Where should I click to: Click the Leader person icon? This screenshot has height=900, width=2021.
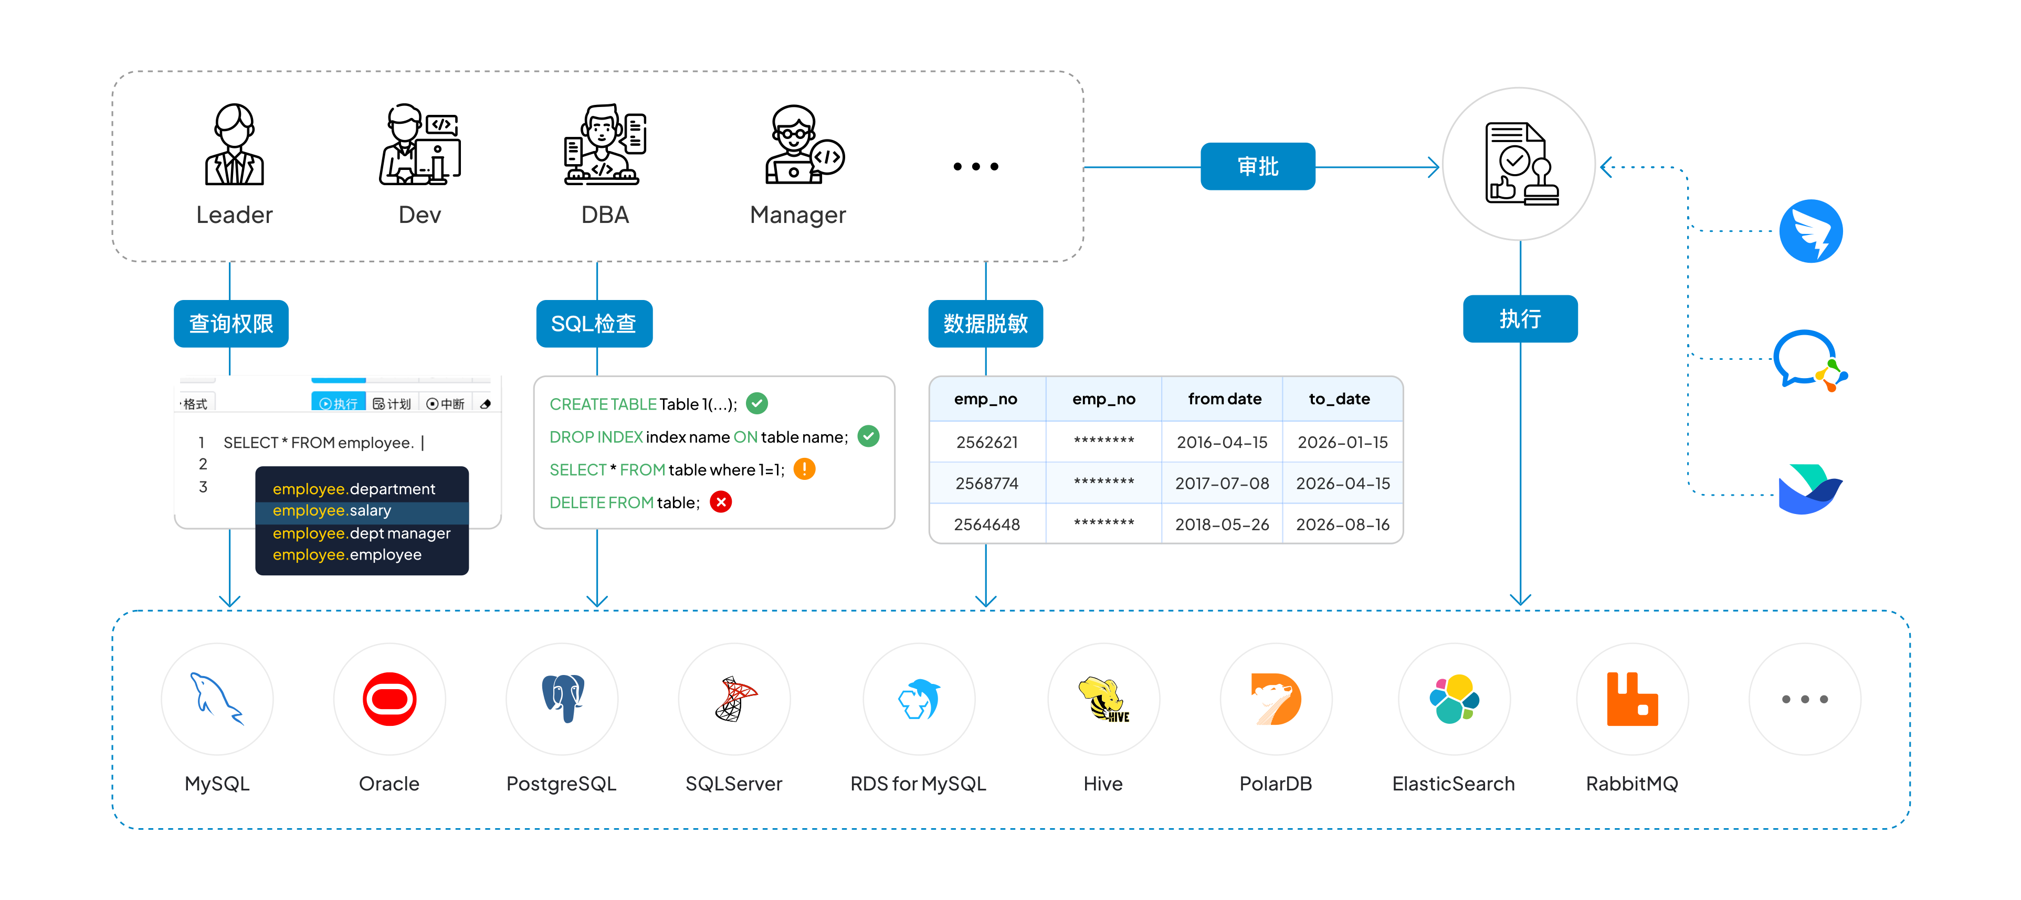pyautogui.click(x=234, y=145)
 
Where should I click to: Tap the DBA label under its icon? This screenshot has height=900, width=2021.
pyautogui.click(x=605, y=215)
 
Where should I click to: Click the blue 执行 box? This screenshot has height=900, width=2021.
pyautogui.click(x=1520, y=318)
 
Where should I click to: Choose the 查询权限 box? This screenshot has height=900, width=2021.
pyautogui.click(x=230, y=323)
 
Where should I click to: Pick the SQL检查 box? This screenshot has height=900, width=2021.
pyautogui.click(x=594, y=323)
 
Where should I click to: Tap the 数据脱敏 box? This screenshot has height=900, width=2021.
pyautogui.click(x=985, y=323)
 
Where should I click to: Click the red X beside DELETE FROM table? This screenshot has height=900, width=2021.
pyautogui.click(x=720, y=502)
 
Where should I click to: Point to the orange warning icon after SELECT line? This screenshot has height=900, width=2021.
pyautogui.click(x=804, y=469)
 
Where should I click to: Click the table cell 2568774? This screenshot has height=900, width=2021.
pyautogui.click(x=987, y=484)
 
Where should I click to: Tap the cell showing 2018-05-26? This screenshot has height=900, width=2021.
pyautogui.click(x=1222, y=524)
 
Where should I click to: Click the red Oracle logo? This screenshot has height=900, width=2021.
pyautogui.click(x=389, y=699)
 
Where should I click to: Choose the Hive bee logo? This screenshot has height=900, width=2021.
pyautogui.click(x=1103, y=699)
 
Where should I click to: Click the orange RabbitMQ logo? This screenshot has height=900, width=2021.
pyautogui.click(x=1632, y=699)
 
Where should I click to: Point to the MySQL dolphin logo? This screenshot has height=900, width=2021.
pyautogui.click(x=216, y=699)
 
